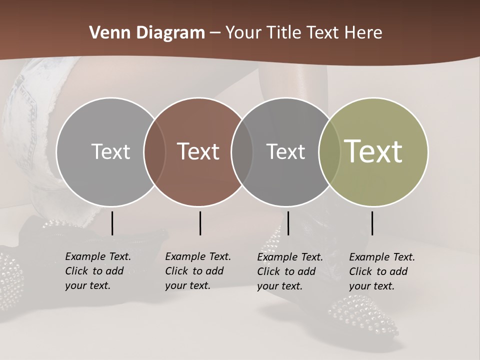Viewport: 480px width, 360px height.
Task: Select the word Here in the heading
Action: [x=363, y=33]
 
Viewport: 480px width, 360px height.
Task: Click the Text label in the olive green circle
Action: [x=373, y=151]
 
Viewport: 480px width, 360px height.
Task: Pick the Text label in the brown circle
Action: [x=198, y=151]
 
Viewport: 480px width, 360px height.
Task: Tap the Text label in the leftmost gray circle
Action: [x=111, y=151]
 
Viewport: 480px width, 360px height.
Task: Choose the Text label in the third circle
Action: [x=286, y=151]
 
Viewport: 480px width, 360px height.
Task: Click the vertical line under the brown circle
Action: [x=200, y=223]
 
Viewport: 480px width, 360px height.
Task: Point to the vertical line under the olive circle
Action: [x=372, y=223]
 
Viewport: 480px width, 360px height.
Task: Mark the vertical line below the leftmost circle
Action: [x=112, y=223]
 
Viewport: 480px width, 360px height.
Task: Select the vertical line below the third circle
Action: [x=288, y=223]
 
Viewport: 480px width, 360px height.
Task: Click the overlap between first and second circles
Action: [x=154, y=151]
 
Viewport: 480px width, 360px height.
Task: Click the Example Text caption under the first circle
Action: [x=97, y=271]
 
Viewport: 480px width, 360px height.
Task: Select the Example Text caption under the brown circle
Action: [x=197, y=271]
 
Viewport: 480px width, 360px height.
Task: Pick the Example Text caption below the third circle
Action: [x=289, y=271]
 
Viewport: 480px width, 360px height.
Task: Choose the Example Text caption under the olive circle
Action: [x=381, y=271]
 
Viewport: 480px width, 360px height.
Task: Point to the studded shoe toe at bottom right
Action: [x=365, y=315]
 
